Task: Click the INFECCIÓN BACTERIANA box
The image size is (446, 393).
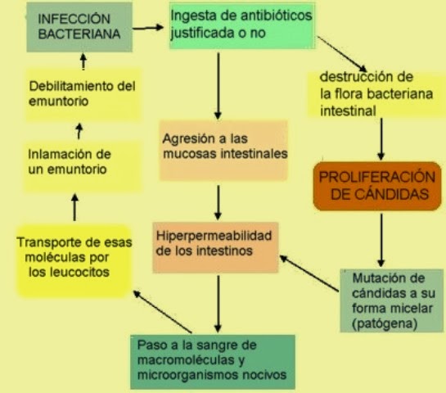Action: (79, 27)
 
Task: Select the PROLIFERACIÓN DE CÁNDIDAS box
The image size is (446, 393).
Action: (377, 186)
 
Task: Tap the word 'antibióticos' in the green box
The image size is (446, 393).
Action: (276, 16)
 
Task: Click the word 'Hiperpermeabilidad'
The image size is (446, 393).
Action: (214, 236)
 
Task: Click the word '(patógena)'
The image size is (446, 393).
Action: (385, 323)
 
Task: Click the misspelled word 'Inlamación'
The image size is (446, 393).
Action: (58, 154)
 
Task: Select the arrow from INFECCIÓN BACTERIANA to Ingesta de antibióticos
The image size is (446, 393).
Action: (148, 28)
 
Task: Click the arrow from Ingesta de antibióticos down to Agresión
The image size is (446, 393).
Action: (218, 86)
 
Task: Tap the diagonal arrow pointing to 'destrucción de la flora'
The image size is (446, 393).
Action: (342, 54)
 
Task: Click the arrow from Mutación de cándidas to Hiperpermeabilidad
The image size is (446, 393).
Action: (309, 273)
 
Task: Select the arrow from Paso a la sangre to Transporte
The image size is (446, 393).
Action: (162, 311)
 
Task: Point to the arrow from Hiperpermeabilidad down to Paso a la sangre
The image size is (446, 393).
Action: (218, 304)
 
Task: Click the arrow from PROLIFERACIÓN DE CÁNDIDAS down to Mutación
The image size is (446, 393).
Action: (381, 241)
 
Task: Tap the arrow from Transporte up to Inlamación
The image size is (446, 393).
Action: (74, 207)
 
